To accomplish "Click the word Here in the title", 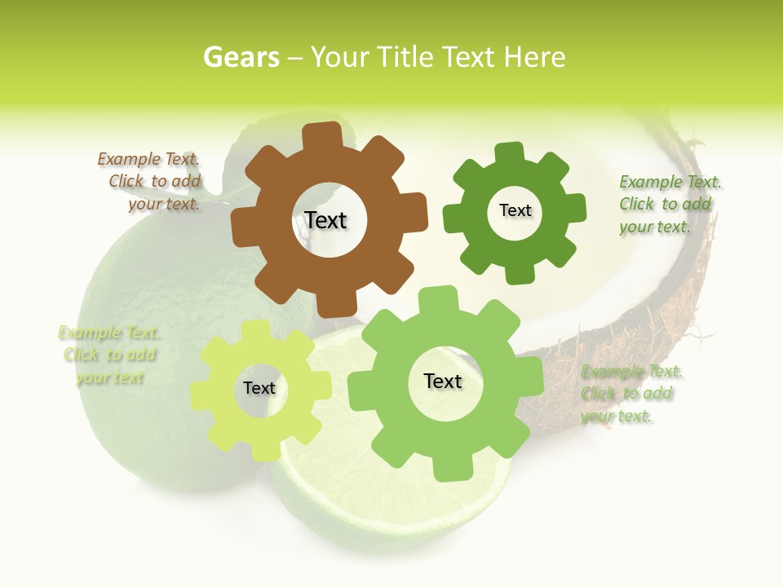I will (x=534, y=57).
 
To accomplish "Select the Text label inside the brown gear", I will (x=325, y=220).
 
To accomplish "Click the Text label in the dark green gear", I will (x=515, y=210).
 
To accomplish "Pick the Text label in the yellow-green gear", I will (x=259, y=388).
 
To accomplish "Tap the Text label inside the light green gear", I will (x=443, y=381).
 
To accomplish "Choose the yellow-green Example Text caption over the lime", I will (x=109, y=355).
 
